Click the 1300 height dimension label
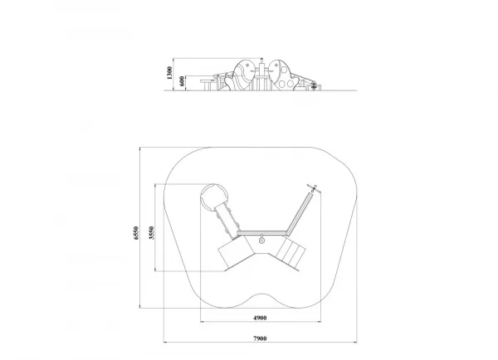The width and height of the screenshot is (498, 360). tap(169, 73)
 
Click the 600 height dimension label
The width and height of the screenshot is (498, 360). tap(182, 81)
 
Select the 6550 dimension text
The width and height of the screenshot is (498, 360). tap(136, 233)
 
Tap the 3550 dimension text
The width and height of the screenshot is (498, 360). tap(152, 233)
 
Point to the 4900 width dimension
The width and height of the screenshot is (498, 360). tap(260, 318)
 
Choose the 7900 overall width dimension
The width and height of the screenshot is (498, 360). tap(260, 338)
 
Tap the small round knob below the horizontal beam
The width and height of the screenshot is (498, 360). tap(261, 241)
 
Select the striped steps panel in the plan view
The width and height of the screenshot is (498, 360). tap(291, 253)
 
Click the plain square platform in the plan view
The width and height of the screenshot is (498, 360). tap(236, 252)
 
